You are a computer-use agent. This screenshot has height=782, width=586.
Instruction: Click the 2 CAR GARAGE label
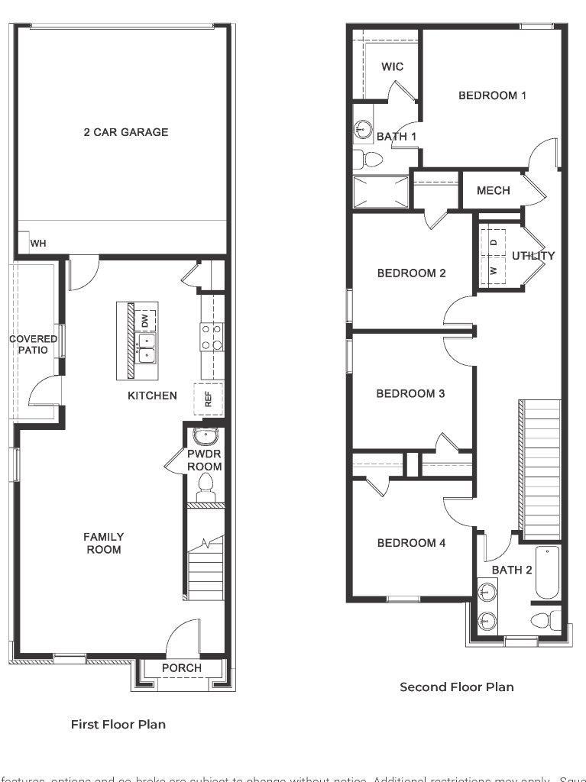[x=126, y=132]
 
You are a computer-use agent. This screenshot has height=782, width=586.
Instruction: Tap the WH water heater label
[x=38, y=244]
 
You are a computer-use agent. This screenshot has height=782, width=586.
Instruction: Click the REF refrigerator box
[x=208, y=398]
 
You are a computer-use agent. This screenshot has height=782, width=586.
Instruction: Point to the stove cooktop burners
[x=212, y=337]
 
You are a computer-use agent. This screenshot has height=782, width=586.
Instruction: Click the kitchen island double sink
[x=145, y=347]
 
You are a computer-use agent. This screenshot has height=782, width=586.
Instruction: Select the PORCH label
[x=182, y=668]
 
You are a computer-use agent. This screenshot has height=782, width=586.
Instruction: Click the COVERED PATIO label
[x=33, y=344]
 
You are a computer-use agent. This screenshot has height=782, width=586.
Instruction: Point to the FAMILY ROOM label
[x=104, y=543]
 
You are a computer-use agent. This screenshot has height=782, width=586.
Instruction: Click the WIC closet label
[x=392, y=67]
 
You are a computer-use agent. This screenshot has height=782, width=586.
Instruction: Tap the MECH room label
[x=493, y=190]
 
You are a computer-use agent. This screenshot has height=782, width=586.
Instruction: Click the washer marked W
[x=494, y=271]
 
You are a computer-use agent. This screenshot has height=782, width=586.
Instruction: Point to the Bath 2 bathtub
[x=547, y=572]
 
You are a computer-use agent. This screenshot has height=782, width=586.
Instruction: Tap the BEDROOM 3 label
[x=410, y=394]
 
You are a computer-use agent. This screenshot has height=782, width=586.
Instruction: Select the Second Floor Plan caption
[x=457, y=687]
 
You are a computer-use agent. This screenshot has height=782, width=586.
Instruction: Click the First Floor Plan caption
[x=118, y=724]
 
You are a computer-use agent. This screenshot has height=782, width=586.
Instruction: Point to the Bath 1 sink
[x=364, y=130]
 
